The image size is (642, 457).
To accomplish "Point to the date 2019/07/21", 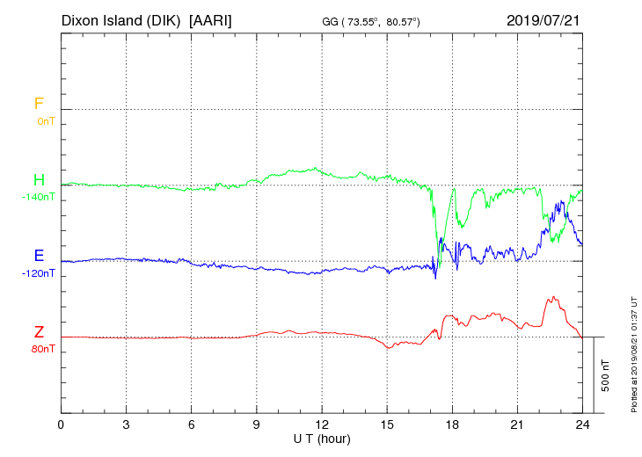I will point(544,19).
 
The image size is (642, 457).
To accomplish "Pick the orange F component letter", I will point(39,104).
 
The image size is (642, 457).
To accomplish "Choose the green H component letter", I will point(39,180).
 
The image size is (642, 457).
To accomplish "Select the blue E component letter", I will point(39,256).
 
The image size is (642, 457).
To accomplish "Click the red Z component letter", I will point(39,332).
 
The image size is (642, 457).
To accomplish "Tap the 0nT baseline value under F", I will point(45,121).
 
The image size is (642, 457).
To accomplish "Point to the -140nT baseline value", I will point(38,197).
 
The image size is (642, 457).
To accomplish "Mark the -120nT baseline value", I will point(38,273).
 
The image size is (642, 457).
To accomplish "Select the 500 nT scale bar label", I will point(606,375).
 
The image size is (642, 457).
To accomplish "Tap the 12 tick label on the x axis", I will point(322,424).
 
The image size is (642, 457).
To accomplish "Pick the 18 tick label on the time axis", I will point(452,424).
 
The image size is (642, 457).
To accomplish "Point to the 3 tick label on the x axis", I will point(126,424).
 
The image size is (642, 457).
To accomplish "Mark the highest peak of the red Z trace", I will point(553,297).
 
